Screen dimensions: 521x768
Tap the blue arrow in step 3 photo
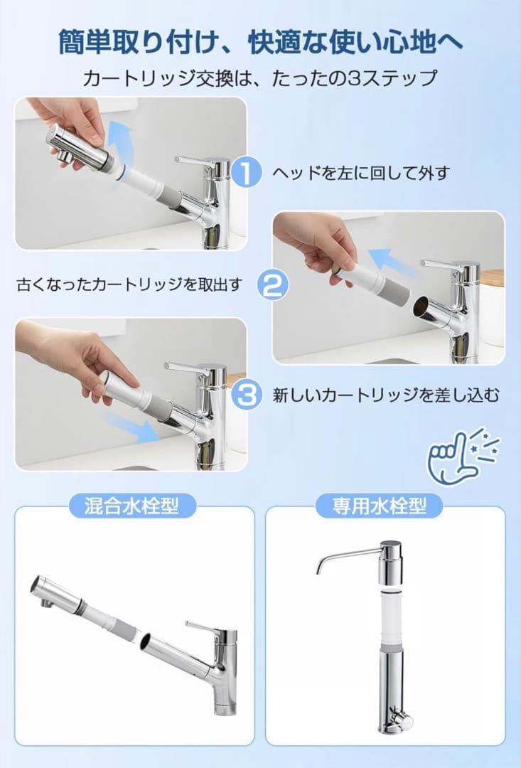131,428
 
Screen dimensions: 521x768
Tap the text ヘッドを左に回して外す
361,172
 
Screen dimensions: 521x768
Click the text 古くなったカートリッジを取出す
130,284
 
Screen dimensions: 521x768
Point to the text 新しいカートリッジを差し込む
386,395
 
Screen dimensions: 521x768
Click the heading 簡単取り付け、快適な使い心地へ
260,42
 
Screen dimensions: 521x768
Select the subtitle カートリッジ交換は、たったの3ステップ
260,78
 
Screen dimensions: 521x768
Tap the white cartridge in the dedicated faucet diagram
391,620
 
